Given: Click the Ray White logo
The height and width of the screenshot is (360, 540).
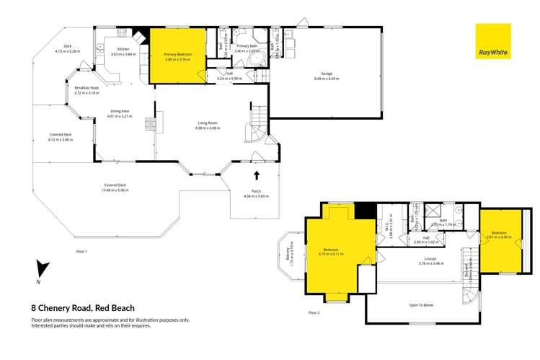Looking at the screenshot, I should coord(492,42).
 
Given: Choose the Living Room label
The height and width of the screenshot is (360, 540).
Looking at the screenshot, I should coord(208,125).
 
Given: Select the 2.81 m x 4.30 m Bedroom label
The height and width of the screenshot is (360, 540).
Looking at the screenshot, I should coord(498,234).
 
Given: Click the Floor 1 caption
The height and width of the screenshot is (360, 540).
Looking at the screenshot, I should coord(81,251).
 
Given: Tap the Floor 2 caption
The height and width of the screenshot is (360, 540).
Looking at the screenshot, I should coord(313,312).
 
